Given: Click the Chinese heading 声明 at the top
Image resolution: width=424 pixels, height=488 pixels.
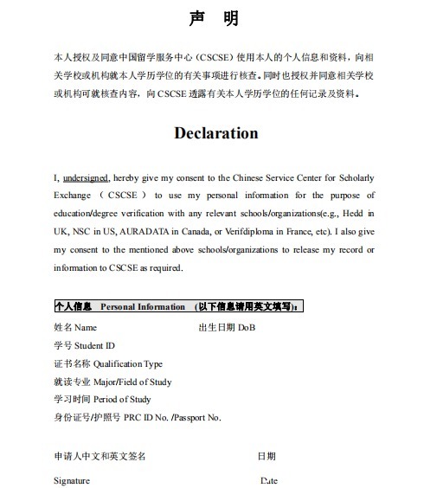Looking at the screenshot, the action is coord(214,18).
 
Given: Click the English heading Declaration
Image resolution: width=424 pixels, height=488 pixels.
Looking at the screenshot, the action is coord(215,133).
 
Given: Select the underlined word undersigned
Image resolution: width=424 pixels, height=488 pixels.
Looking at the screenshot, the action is coord(86,177).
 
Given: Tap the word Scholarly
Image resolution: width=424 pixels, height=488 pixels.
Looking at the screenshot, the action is coord(355,177).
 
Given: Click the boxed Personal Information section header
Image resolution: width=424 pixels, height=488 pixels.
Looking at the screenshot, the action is coord(177,306).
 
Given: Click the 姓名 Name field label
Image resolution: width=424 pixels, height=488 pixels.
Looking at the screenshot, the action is coord(75,328).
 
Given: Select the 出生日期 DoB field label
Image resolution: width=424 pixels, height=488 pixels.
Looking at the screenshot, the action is coord(227,328).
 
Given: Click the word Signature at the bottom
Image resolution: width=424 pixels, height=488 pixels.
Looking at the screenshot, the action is coord(71,480).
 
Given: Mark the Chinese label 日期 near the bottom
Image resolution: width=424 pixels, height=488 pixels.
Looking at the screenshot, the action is coord(267,455).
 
